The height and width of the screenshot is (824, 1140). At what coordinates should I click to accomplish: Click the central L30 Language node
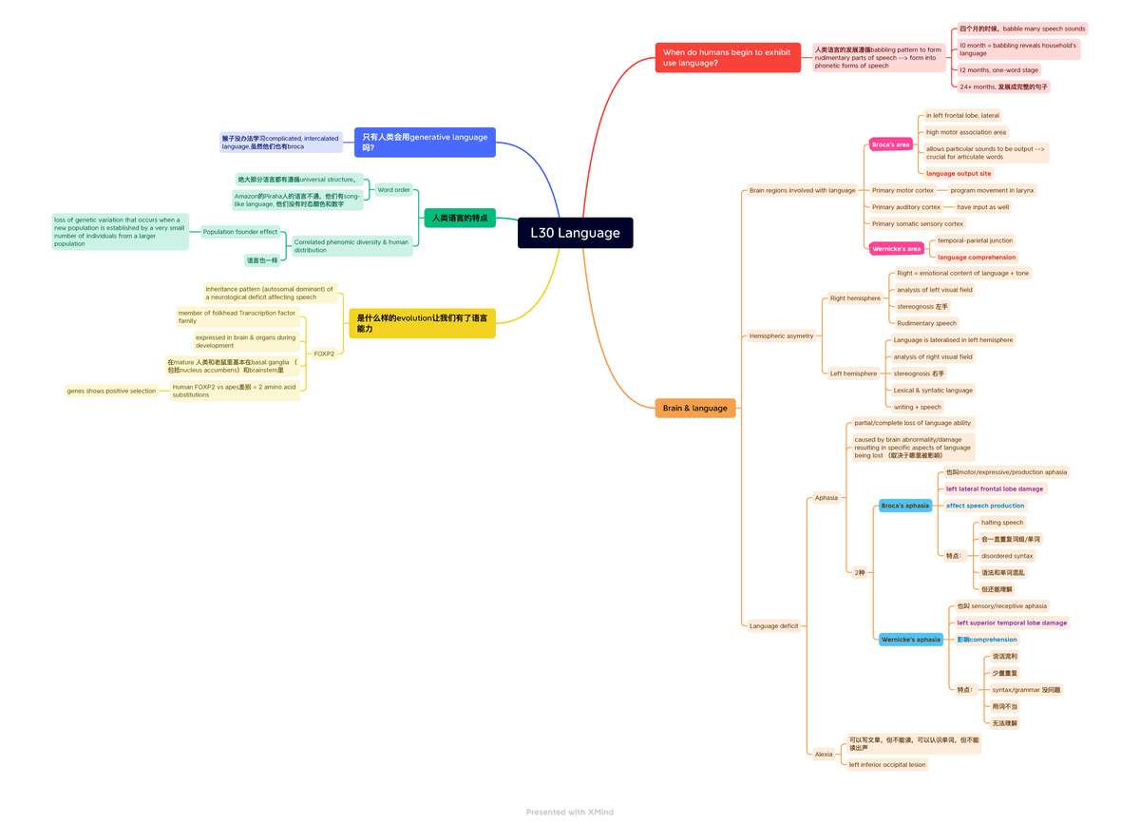click(x=575, y=233)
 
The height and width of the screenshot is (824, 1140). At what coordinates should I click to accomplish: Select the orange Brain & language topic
click(x=695, y=408)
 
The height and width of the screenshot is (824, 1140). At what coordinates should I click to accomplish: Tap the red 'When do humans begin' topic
click(x=728, y=57)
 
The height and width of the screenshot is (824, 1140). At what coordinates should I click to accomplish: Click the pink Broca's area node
click(x=890, y=144)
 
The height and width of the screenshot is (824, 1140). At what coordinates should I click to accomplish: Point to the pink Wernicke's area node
click(x=896, y=249)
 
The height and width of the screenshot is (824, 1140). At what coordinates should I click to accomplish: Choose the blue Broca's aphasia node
click(x=904, y=506)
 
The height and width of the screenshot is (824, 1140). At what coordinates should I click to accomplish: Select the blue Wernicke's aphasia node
click(x=910, y=640)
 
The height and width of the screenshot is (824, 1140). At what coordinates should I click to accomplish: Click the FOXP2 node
click(x=324, y=354)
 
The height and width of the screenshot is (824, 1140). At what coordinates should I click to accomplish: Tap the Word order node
click(x=393, y=189)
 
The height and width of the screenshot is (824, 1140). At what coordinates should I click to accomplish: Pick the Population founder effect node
click(x=239, y=232)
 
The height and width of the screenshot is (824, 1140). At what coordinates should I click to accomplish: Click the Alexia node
click(x=824, y=755)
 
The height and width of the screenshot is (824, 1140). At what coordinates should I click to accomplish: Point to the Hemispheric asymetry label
click(x=781, y=335)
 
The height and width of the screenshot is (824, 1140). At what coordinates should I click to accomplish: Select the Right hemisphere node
click(x=855, y=298)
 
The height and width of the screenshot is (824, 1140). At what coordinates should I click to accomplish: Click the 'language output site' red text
click(x=959, y=173)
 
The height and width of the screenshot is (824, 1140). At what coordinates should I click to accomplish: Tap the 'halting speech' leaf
click(x=1002, y=523)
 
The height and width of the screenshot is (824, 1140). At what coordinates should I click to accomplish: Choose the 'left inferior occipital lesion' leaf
click(x=886, y=764)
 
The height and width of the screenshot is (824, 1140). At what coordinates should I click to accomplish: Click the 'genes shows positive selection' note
click(x=111, y=391)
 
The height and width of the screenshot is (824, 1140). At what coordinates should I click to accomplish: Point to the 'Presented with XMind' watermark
click(x=570, y=812)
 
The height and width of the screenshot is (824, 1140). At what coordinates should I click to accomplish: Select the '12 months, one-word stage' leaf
click(x=998, y=70)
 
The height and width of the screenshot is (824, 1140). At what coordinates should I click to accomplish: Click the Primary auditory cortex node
click(x=905, y=207)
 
